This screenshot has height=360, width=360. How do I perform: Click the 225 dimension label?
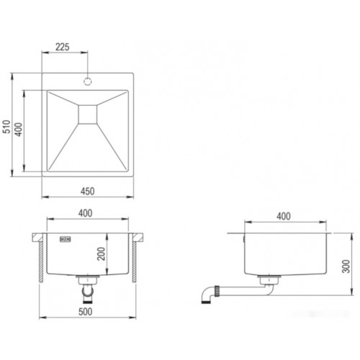(x=63, y=47)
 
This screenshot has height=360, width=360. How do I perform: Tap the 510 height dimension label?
(x=6, y=127)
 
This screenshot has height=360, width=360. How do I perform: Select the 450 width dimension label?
(x=88, y=192)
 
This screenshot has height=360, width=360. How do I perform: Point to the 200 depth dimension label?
(x=102, y=253)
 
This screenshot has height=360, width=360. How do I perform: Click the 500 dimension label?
(x=86, y=312)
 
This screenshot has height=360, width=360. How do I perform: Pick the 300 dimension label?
(x=346, y=266)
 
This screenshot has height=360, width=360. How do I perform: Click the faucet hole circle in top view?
(x=88, y=81)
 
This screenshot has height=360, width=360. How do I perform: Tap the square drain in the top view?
(x=88, y=114)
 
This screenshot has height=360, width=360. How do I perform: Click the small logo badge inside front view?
(x=66, y=239)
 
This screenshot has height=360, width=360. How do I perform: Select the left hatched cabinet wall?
(x=41, y=261)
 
